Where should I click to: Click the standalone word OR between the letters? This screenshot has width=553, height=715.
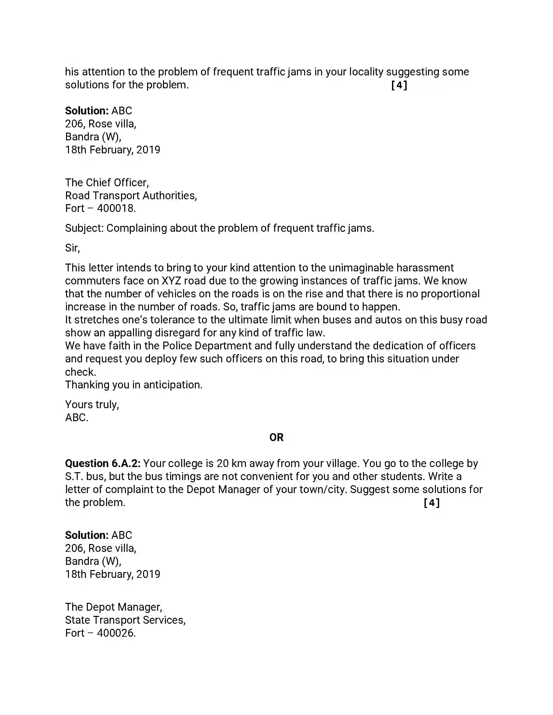click(276, 437)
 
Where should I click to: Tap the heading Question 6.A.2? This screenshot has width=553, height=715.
click(102, 463)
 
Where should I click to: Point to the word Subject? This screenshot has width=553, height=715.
click(84, 228)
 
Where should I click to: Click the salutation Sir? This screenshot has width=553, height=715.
click(73, 248)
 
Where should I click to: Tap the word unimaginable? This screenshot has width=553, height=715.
click(361, 268)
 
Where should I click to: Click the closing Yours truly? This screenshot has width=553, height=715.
click(92, 405)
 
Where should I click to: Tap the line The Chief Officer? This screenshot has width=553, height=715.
click(107, 182)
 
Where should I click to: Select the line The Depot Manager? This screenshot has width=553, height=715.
click(114, 607)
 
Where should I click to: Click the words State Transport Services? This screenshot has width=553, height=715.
click(125, 620)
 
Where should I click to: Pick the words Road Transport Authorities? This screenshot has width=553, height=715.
click(131, 195)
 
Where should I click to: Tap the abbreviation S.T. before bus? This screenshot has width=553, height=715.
click(74, 476)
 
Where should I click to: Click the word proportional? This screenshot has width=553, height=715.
click(450, 294)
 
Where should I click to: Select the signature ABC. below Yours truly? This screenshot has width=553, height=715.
click(77, 418)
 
